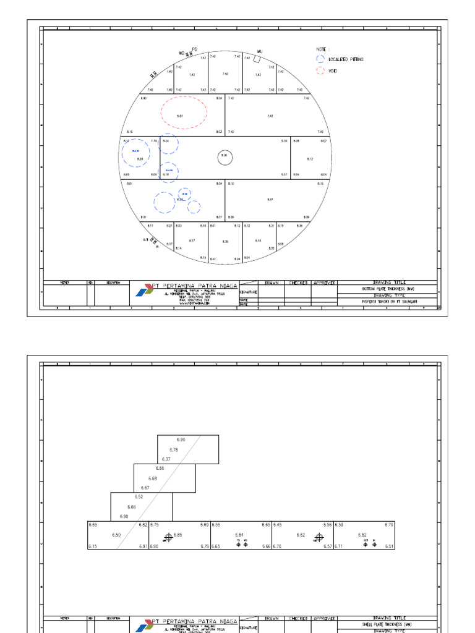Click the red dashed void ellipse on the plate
point(184,113)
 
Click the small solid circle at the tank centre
point(225,157)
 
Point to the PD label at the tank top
point(194,48)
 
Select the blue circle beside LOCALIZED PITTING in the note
point(320,59)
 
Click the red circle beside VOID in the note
point(320,71)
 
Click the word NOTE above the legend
point(320,48)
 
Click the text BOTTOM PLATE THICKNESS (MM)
point(388,289)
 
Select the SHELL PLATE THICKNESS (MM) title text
point(388,624)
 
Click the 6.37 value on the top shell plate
point(166,459)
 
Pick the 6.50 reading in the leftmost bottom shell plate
point(116,535)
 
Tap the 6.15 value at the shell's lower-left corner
point(92,546)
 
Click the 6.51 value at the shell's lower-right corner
point(389,546)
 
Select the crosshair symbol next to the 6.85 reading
point(168,537)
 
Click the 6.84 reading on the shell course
point(239,535)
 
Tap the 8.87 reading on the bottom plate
point(270,200)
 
